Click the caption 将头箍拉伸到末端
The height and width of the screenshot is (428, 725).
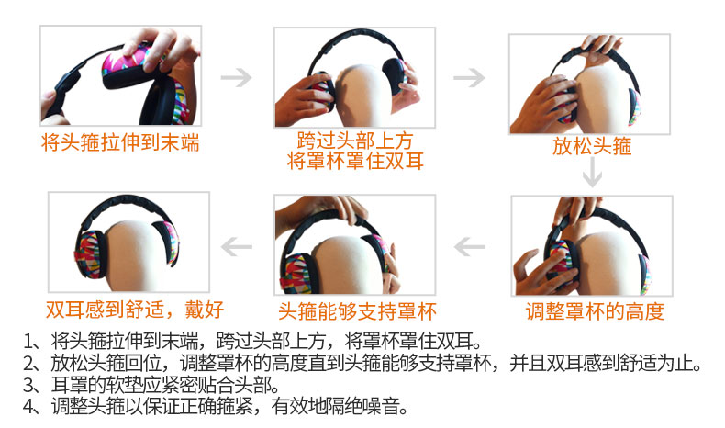[x=120, y=142]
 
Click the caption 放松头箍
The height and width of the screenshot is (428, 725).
[x=592, y=146]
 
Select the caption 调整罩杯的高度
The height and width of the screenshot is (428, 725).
[x=595, y=311]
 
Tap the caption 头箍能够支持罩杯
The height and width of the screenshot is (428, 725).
[x=357, y=311]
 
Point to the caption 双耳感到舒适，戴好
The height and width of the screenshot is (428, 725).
[x=135, y=310]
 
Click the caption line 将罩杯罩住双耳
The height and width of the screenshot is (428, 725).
[x=355, y=162]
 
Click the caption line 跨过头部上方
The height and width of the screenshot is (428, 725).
[x=355, y=141]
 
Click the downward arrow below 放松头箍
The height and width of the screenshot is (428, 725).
[x=592, y=172]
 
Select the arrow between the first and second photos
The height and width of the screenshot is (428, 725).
[x=236, y=77]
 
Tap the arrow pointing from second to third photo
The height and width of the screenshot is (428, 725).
[x=469, y=77]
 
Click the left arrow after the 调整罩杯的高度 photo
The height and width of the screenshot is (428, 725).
[x=470, y=247]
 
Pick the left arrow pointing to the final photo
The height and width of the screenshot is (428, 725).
[x=237, y=247]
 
